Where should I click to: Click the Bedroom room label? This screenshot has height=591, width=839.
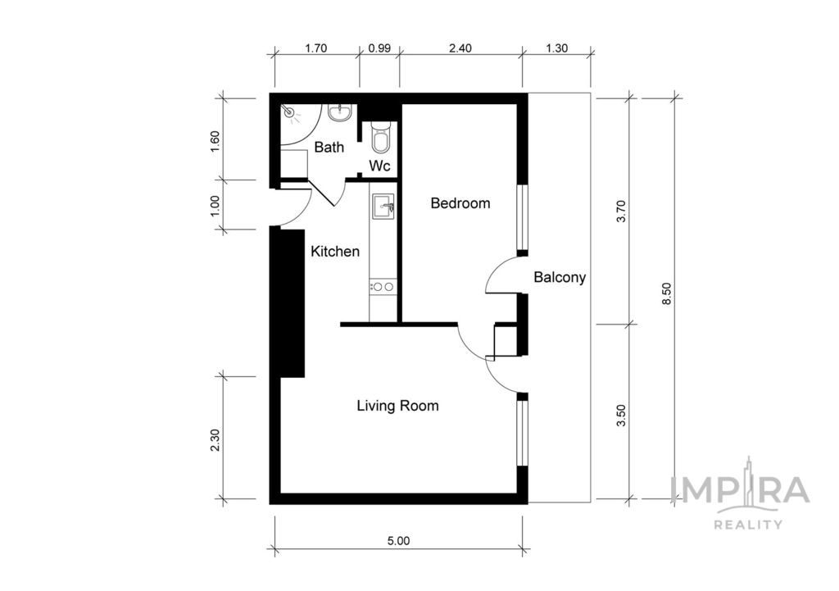tap(460, 203)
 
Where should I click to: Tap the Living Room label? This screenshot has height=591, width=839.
tap(397, 406)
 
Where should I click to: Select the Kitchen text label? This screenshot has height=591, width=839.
tap(334, 252)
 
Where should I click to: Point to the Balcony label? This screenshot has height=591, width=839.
tap(560, 277)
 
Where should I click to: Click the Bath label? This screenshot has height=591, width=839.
tap(329, 148)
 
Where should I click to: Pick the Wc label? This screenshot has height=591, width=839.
tap(379, 166)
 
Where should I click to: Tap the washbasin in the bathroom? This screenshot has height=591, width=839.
tap(339, 112)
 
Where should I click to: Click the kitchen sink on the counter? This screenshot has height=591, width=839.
tap(383, 207)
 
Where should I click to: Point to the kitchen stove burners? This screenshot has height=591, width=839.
tap(382, 286)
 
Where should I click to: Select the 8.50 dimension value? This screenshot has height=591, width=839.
tap(665, 291)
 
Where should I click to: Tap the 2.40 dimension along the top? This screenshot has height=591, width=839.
tap(460, 48)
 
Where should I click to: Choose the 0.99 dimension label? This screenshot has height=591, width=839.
tap(379, 48)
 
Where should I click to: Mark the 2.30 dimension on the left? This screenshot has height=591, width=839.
tap(215, 439)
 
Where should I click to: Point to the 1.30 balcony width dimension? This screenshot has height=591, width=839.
tap(557, 48)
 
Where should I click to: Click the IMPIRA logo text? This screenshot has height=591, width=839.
tap(740, 490)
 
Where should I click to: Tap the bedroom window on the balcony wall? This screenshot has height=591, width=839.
tap(522, 217)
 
